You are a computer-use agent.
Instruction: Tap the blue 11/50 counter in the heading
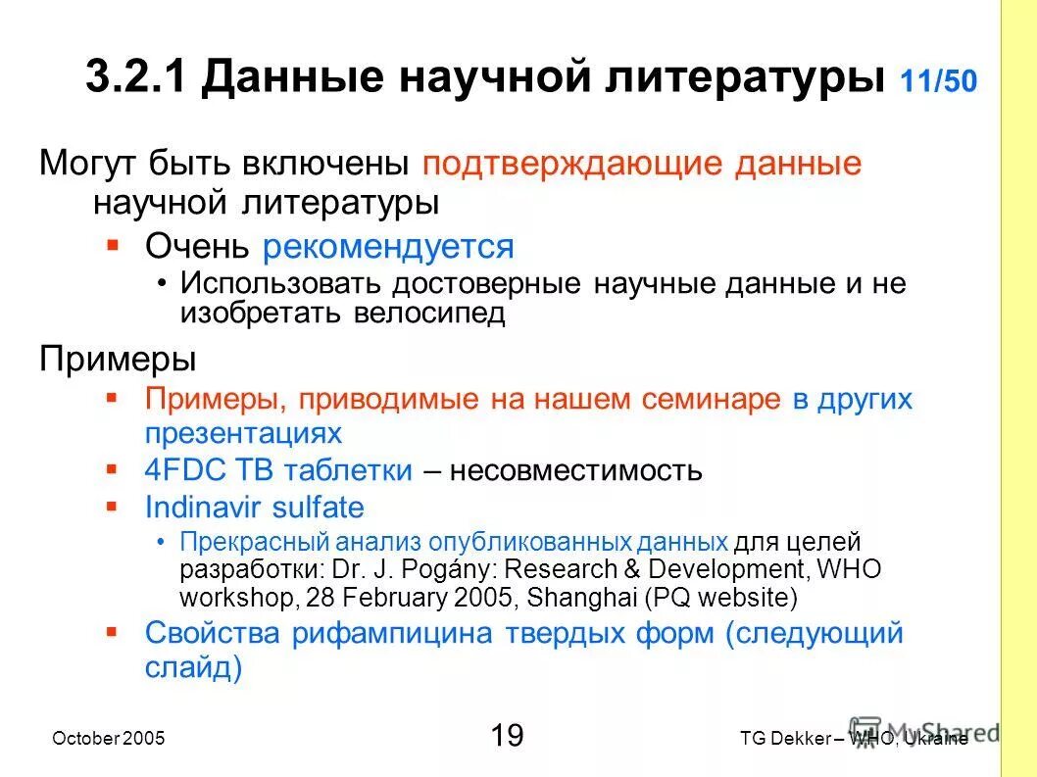(x=937, y=81)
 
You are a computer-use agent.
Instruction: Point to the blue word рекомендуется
(x=388, y=246)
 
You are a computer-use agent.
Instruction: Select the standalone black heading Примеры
(x=118, y=359)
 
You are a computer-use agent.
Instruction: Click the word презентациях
(x=243, y=433)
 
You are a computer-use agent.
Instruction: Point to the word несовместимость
(x=576, y=470)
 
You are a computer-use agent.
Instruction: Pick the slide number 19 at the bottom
(x=506, y=735)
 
